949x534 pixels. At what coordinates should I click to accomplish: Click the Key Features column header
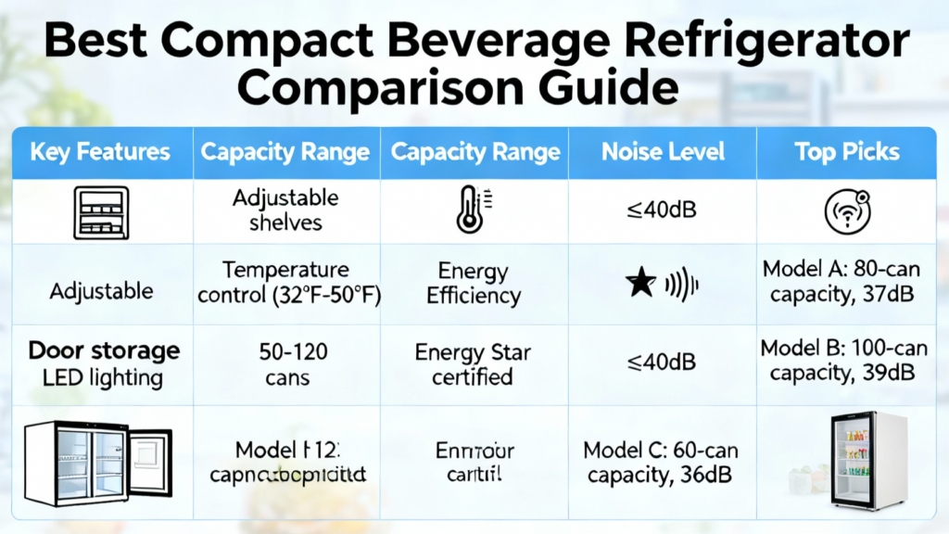click(100, 152)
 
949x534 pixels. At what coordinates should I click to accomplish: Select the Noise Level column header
click(664, 152)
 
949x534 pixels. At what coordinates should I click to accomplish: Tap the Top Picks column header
click(847, 152)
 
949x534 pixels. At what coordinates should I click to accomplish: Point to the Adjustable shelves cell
click(285, 210)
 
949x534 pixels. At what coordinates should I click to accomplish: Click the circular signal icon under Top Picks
click(847, 210)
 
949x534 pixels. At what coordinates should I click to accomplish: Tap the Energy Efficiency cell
click(474, 283)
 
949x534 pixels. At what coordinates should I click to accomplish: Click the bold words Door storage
click(104, 350)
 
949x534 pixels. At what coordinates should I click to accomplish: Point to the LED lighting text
click(103, 377)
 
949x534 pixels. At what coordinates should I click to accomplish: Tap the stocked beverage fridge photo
click(867, 461)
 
